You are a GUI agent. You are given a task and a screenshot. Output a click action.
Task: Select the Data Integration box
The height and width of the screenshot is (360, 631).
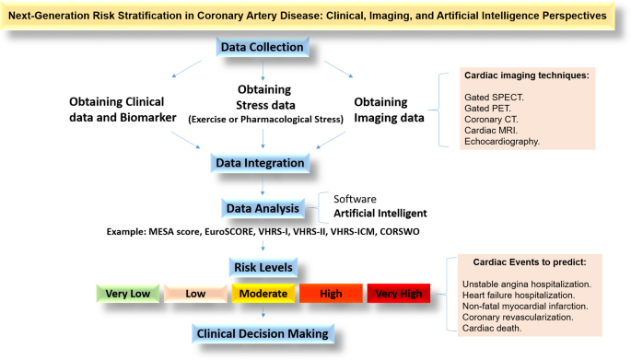tap(260, 163)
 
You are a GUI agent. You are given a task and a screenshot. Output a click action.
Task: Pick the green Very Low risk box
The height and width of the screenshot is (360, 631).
tap(129, 294)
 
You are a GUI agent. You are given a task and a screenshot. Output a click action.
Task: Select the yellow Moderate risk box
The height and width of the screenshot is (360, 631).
tap(263, 294)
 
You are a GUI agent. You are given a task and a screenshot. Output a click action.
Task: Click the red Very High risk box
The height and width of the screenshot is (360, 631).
tap(398, 294)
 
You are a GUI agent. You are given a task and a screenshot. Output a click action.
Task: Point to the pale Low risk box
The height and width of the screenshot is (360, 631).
tap(195, 294)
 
